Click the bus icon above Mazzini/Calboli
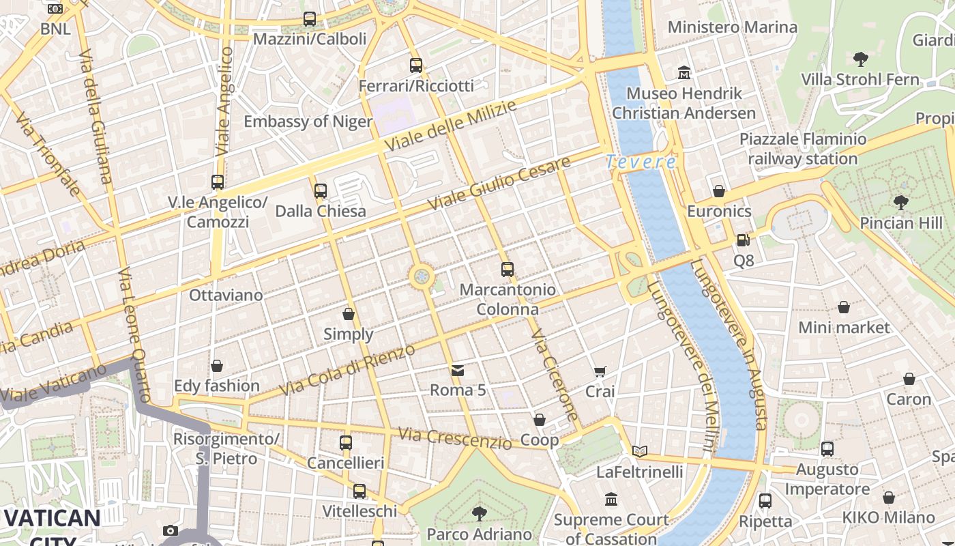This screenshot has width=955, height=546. tap(310, 19)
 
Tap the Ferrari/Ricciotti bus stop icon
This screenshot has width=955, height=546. tap(416, 66)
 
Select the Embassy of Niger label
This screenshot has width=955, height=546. tap(308, 121)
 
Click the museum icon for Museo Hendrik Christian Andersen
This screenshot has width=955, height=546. tap(684, 72)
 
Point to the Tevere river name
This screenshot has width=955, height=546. tap(641, 162)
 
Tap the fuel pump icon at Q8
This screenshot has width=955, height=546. tap(743, 240)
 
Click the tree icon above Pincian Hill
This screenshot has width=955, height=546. tap(900, 202)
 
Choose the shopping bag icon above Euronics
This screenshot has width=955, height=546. tap(719, 191)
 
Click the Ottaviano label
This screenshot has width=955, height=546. tap(226, 295)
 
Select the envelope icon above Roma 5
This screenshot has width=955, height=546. tap(457, 371)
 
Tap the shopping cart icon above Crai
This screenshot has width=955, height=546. tap(600, 372)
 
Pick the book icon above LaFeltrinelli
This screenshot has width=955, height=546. tap(639, 451)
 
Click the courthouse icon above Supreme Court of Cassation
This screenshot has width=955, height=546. tap(611, 499)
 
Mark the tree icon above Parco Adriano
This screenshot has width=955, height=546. tap(480, 513)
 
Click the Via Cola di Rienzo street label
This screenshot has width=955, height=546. tap(347, 370)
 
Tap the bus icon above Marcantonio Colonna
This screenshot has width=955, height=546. tap(507, 270)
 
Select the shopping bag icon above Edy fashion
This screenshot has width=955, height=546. tap(216, 367)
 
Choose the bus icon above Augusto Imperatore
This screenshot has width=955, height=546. tap(827, 449)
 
